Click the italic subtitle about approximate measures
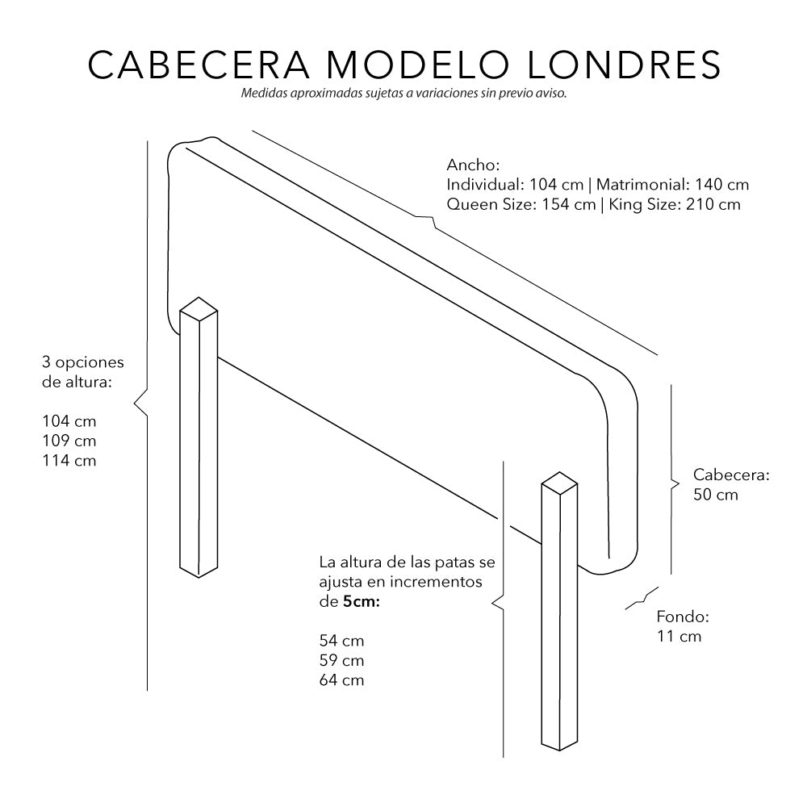pyautogui.click(x=403, y=94)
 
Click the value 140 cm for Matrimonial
pyautogui.click(x=717, y=184)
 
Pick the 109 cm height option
pyautogui.click(x=69, y=441)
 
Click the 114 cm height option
pyautogui.click(x=69, y=461)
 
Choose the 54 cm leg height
pyautogui.click(x=341, y=641)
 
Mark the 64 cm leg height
pyautogui.click(x=341, y=680)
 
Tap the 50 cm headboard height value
pyautogui.click(x=716, y=495)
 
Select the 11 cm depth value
pyautogui.click(x=679, y=637)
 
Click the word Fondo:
pyautogui.click(x=682, y=617)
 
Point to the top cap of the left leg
pyautogui.click(x=199, y=307)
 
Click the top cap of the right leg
pyautogui.click(x=559, y=483)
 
